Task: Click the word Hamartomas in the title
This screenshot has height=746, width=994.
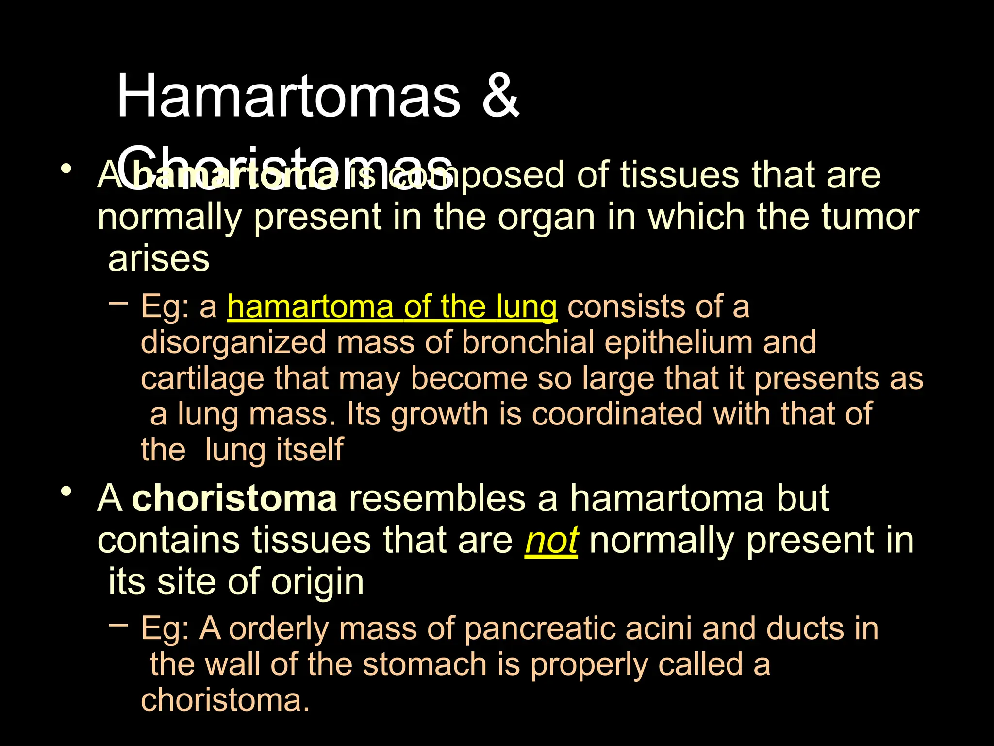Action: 288,95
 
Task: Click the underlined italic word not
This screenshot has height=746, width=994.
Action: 551,540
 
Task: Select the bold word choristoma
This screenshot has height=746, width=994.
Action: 234,499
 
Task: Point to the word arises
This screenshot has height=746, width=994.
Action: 159,259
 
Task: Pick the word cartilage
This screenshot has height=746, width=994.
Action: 202,379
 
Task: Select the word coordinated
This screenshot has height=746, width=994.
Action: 617,414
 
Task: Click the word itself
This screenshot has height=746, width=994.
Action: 310,450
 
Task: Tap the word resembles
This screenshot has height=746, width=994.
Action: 437,499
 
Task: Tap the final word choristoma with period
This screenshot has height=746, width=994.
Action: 225,700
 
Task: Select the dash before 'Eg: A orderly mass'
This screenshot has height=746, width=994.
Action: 119,624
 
